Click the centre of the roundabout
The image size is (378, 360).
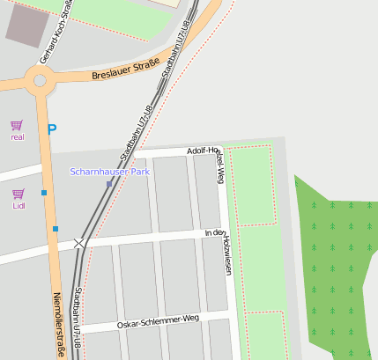pos(40,82)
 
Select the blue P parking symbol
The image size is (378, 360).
pos(52,129)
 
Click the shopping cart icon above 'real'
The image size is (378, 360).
pos(16,125)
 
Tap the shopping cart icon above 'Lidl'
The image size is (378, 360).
pos(19,194)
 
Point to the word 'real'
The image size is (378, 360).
pos(18,137)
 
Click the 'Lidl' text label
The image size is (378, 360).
pos(19,206)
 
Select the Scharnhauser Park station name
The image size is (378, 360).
pos(109,172)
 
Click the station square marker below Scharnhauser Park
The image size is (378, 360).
pos(109,184)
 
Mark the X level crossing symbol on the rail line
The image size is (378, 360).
pos(80,242)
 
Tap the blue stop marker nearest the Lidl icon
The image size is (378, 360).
pos(44,192)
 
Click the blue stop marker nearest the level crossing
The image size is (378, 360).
pos(55,229)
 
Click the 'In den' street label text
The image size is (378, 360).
pos(214,232)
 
